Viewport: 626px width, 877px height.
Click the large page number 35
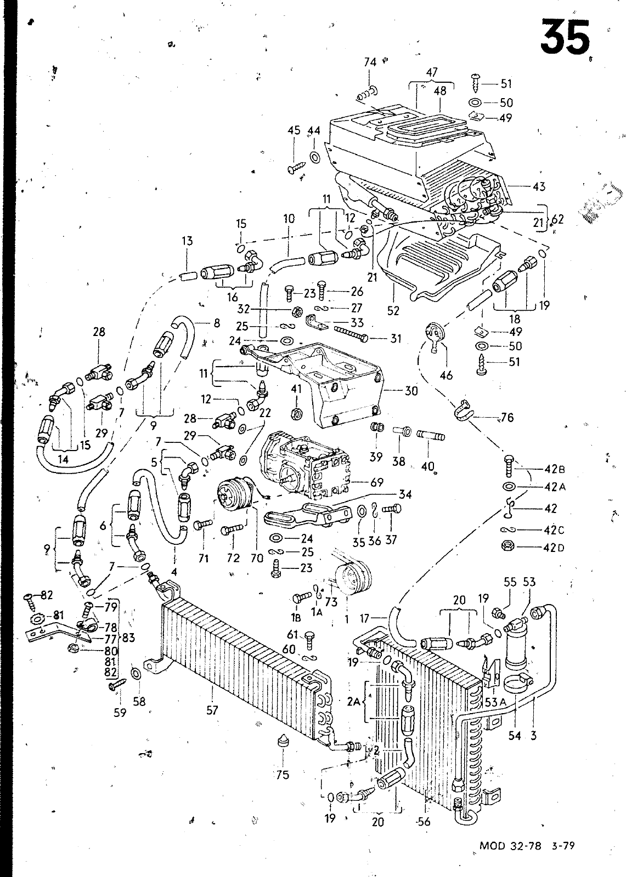click(565, 37)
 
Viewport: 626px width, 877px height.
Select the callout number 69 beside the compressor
click(377, 482)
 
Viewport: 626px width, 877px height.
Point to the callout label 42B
click(555, 469)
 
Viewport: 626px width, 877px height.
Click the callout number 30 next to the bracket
click(411, 390)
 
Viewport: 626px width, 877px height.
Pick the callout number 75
click(282, 775)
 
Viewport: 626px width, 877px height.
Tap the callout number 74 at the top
click(370, 62)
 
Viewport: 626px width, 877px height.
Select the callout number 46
click(446, 375)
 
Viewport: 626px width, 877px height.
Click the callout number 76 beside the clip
click(507, 417)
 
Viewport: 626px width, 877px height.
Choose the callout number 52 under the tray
click(393, 310)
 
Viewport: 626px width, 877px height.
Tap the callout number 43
click(539, 186)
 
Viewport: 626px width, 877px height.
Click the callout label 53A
click(497, 702)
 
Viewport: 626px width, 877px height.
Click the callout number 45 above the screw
click(294, 130)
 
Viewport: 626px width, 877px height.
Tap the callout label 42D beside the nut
click(554, 548)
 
